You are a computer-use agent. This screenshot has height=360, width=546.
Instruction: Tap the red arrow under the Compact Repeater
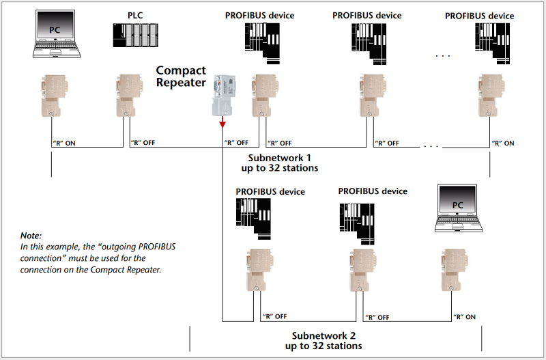(x=222, y=121)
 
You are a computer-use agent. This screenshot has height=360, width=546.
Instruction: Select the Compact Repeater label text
(x=181, y=77)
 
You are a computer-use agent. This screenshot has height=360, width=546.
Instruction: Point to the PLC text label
(x=135, y=14)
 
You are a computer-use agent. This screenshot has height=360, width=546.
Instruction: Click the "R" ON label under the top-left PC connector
(x=64, y=143)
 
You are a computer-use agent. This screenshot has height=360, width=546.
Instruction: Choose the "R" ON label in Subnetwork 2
(x=464, y=317)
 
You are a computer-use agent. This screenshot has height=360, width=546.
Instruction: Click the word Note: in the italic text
(x=31, y=235)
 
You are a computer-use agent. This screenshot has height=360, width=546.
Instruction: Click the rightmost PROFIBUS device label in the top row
(x=479, y=16)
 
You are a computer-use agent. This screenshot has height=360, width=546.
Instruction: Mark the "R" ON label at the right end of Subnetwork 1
(x=503, y=143)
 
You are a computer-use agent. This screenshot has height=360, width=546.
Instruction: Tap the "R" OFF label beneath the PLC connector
(x=143, y=143)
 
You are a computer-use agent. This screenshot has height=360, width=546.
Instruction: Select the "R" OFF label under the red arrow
(x=236, y=143)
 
